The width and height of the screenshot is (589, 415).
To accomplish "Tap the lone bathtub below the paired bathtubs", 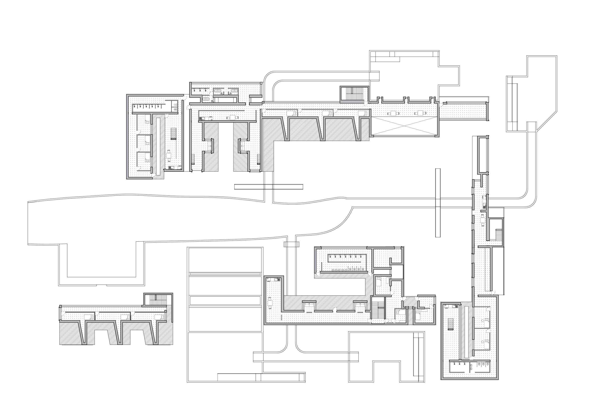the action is [206, 99].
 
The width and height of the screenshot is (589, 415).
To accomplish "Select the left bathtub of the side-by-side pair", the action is [218, 91].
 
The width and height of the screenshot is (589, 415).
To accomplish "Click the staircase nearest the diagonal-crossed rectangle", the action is [354, 93].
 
